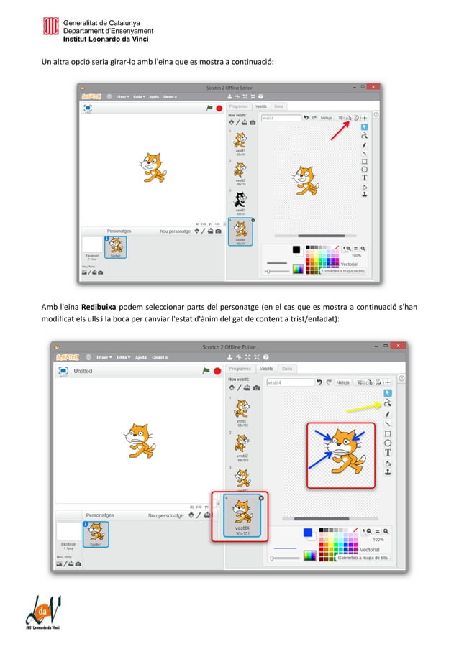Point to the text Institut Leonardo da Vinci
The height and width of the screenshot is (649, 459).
click(106, 40)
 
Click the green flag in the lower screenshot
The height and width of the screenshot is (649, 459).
click(206, 371)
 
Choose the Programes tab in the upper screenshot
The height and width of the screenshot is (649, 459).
click(238, 106)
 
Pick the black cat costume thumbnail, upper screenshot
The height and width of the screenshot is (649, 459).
click(239, 200)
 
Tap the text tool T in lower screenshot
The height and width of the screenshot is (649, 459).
click(388, 453)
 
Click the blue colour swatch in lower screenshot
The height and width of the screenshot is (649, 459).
click(308, 533)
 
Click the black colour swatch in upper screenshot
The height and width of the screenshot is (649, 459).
click(296, 249)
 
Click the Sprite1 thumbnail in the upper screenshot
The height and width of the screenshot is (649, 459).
click(115, 247)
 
